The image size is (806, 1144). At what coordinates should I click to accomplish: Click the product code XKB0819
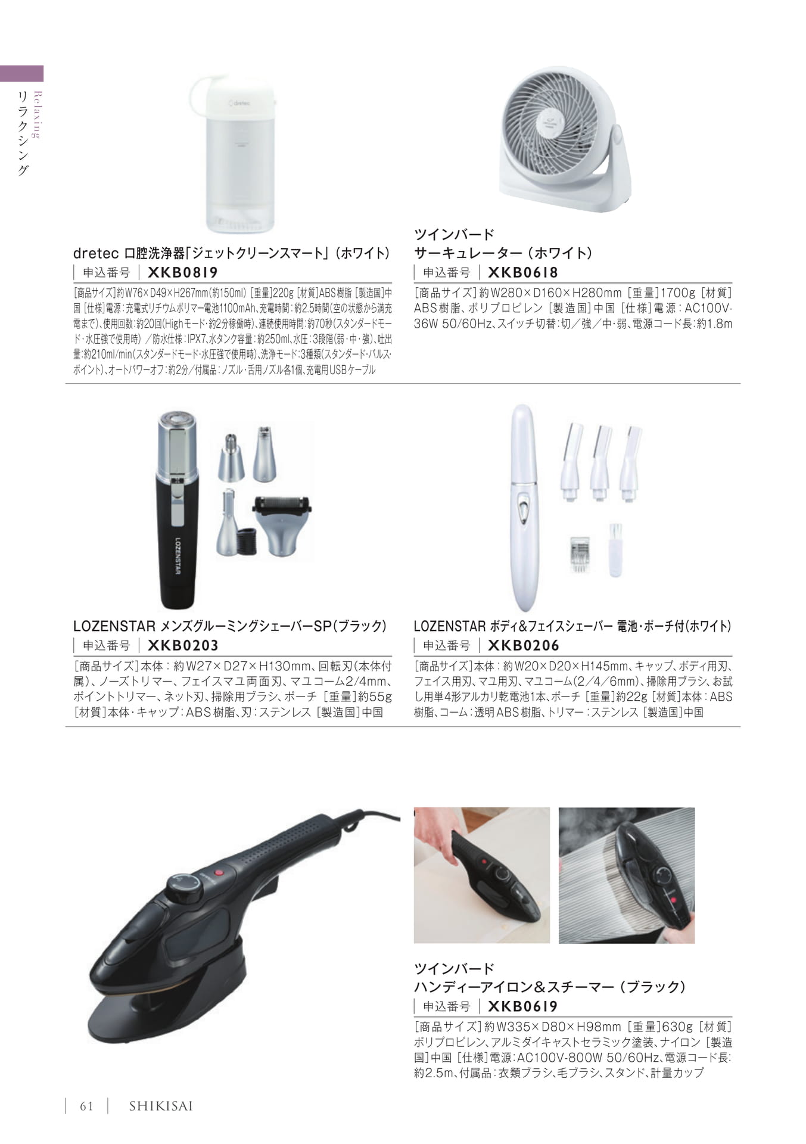pos(182,272)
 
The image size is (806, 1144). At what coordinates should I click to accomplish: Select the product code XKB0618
pos(523,272)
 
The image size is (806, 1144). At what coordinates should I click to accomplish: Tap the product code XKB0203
pos(183,645)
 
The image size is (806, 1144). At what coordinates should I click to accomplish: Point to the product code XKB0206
pos(524,645)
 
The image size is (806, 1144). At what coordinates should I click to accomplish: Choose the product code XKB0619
pos(523,1006)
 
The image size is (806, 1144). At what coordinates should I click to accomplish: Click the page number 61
pos(87,1106)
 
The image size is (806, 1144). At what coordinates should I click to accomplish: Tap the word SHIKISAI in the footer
pos(161,1106)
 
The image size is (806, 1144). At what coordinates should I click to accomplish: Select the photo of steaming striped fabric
pos(627,875)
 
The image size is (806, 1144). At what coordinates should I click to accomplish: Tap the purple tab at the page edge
pos(22,73)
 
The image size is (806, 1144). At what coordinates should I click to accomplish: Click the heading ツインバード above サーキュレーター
pos(455,234)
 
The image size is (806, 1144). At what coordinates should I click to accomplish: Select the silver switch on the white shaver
pos(523,508)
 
